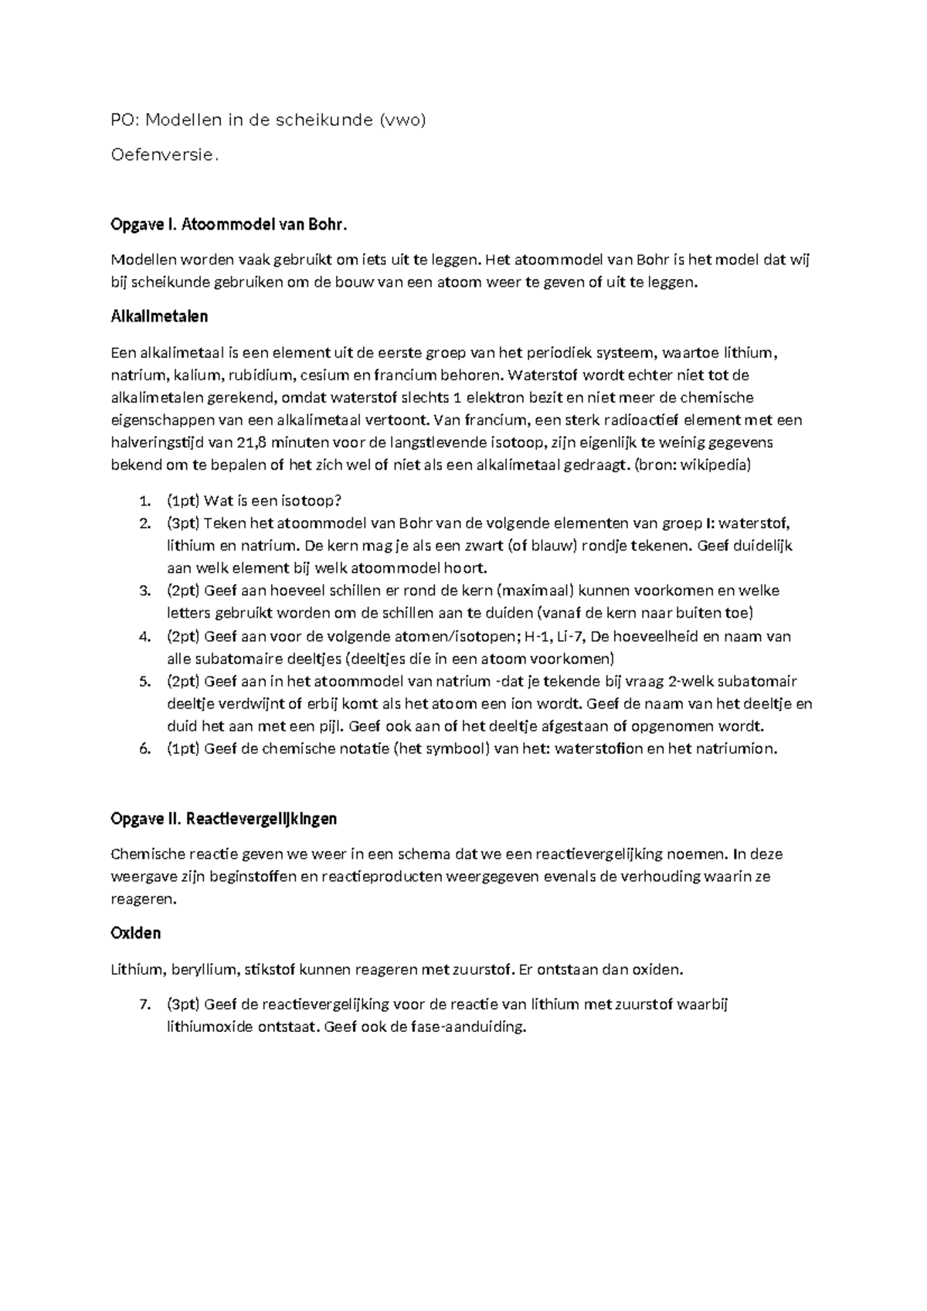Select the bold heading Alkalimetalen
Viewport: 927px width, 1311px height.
159,317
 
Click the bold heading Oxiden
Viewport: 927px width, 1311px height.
136,933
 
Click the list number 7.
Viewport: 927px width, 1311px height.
144,1005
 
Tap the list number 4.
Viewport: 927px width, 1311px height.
144,637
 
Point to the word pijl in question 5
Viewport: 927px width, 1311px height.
333,727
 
